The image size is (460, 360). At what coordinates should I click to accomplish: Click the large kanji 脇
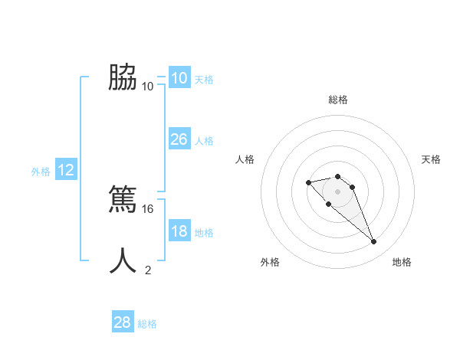123,77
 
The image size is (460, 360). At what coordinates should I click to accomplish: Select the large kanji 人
123,260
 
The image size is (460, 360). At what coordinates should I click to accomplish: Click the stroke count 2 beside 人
148,270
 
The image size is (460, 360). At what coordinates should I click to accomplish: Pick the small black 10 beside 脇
148,87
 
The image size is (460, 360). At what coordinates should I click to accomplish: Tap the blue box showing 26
179,139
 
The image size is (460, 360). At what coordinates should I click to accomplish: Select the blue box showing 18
179,231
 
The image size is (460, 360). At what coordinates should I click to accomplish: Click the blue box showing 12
66,170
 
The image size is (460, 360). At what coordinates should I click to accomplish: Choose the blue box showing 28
123,322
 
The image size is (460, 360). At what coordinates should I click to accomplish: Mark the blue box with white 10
179,78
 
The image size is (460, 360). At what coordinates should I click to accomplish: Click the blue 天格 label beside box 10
204,80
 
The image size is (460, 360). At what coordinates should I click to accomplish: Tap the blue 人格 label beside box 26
204,141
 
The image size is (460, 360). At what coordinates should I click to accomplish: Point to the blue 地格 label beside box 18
204,233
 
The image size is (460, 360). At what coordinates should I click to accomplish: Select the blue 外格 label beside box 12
41,172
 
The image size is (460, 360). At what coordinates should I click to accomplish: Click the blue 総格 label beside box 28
147,325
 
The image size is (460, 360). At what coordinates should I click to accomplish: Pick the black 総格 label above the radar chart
338,100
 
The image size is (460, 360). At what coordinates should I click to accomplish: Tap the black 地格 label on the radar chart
402,262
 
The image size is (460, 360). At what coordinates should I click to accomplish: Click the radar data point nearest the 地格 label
374,242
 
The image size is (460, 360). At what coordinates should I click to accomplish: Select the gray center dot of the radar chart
337,191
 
